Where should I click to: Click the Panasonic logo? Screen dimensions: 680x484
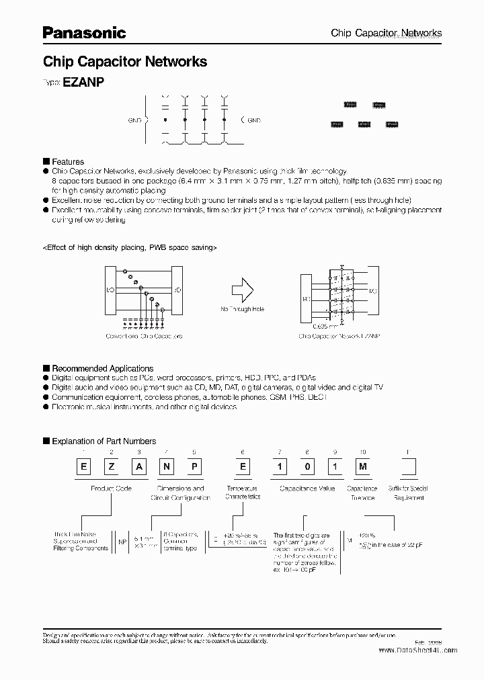click(84, 32)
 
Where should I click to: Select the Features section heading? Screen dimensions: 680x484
click(68, 162)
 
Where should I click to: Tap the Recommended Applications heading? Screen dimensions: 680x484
click(102, 368)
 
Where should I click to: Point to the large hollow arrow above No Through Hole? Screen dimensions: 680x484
click(242, 292)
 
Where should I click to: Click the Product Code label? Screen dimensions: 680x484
click(112, 488)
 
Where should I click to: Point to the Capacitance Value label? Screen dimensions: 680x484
click(307, 488)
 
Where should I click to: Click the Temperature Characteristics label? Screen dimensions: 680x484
click(243, 493)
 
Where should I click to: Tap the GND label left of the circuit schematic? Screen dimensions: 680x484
click(134, 120)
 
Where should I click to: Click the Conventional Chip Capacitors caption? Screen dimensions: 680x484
click(144, 335)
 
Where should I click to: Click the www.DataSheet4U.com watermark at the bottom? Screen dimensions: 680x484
click(417, 650)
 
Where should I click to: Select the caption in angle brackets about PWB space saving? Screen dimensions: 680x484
click(130, 247)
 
